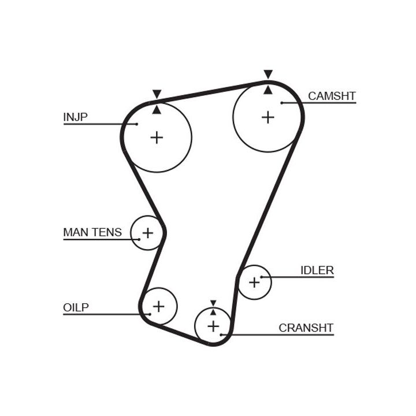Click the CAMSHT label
(x=332, y=96)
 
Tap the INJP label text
(x=75, y=117)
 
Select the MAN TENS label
(x=92, y=232)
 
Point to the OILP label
(x=76, y=307)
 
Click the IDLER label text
(x=317, y=270)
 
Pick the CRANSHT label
(x=306, y=328)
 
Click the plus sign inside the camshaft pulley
(x=268, y=117)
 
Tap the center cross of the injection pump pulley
(x=157, y=138)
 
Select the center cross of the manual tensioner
(x=148, y=233)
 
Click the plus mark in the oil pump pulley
(x=158, y=306)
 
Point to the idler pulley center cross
(x=254, y=283)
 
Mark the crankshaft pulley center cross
(x=213, y=326)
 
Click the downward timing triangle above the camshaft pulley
(x=268, y=74)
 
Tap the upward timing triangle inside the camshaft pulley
(x=268, y=90)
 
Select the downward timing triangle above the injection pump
(x=157, y=94)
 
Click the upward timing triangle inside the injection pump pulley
(x=157, y=109)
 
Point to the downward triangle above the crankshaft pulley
(x=213, y=303)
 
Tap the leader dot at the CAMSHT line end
(x=281, y=103)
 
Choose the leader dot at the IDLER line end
(x=262, y=277)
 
